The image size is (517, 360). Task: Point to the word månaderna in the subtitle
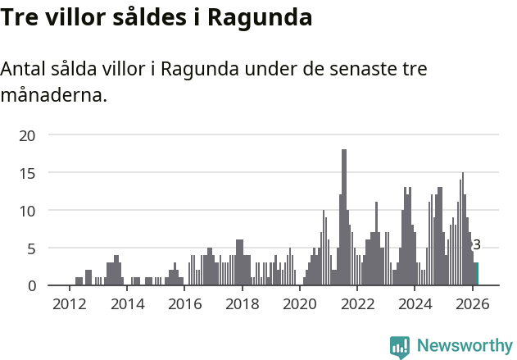pyautogui.click(x=53, y=96)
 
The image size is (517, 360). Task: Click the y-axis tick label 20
pyautogui.click(x=27, y=135)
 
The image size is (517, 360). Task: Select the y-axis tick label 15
pyautogui.click(x=27, y=173)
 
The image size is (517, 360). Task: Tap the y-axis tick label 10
pyautogui.click(x=27, y=211)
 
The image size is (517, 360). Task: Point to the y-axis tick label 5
pyautogui.click(x=31, y=248)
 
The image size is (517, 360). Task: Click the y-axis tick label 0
pyautogui.click(x=31, y=285)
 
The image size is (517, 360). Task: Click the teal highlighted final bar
pyautogui.click(x=477, y=274)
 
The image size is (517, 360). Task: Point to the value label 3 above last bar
pyautogui.click(x=477, y=245)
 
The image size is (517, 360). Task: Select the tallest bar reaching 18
pyautogui.click(x=344, y=217)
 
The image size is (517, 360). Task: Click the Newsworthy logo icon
pyautogui.click(x=400, y=347)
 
